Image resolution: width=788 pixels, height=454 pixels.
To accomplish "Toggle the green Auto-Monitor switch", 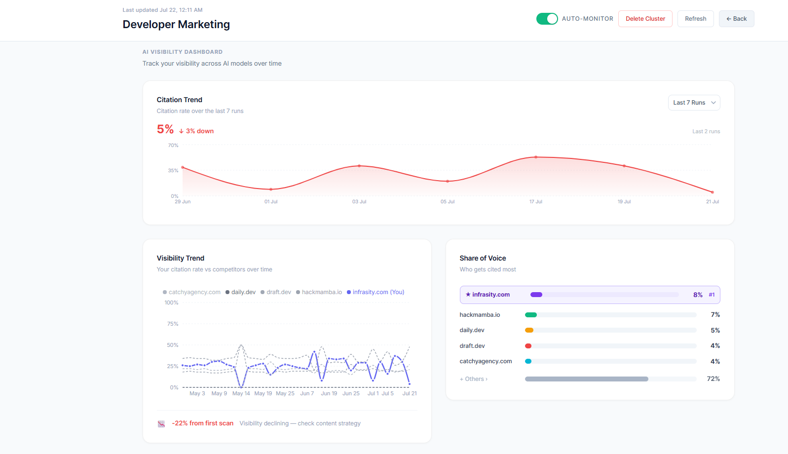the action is point(547,19).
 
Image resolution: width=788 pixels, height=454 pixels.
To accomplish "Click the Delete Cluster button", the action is point(645,19).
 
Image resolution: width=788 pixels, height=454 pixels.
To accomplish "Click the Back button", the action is point(736,19).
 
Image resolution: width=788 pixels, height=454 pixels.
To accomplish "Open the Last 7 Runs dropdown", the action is point(694,103).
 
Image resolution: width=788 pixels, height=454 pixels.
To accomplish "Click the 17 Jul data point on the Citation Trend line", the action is point(536,157).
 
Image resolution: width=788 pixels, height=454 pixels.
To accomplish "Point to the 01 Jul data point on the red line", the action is point(271,189).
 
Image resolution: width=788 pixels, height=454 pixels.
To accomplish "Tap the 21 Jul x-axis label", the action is point(713,202).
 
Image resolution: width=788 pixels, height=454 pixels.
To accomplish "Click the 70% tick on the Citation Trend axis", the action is point(173,146).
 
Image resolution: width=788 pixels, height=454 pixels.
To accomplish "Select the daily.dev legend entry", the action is point(241,292).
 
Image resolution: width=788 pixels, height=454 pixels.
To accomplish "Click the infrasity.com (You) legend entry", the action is point(375,292).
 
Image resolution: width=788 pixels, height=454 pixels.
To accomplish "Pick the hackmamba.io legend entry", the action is point(319,292).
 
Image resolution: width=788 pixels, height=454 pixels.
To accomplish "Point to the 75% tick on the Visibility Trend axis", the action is point(173,324).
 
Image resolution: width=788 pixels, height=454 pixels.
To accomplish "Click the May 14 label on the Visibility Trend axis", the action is point(241,393).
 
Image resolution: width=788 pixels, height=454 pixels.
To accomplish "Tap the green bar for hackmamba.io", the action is point(531,315).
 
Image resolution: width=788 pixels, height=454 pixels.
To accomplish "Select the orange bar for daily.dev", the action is point(529,330).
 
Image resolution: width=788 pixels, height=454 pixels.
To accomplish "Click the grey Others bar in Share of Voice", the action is point(586,379).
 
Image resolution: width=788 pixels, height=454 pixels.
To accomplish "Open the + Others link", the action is point(474,379).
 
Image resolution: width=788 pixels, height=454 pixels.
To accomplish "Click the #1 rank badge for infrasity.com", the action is point(712,295).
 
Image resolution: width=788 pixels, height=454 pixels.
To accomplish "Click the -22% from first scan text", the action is point(203,423).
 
